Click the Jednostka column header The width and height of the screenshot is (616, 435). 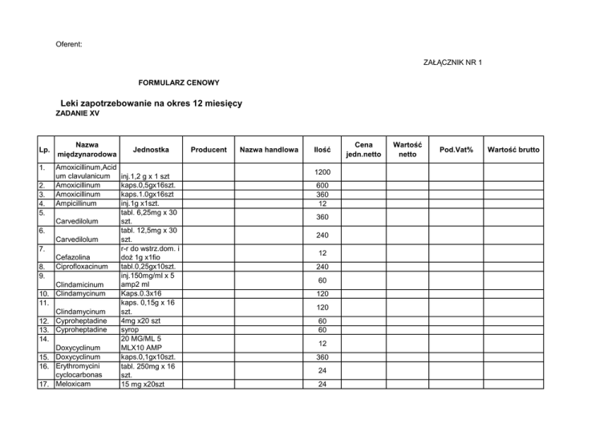[149, 149]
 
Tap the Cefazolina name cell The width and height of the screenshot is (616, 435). [75, 256]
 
